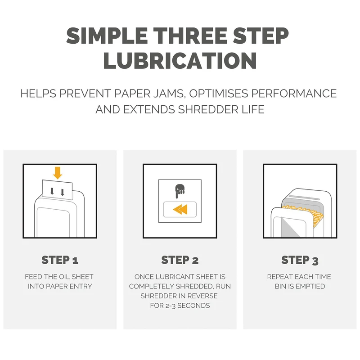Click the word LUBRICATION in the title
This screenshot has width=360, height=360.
[180, 60]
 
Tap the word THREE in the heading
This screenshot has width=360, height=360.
[190, 36]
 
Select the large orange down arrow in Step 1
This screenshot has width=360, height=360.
[58, 173]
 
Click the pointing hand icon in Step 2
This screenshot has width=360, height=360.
[180, 191]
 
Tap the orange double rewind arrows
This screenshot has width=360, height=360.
[180, 209]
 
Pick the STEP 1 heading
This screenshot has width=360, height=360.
[60, 260]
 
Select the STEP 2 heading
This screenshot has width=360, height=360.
[180, 260]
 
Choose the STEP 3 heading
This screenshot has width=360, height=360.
[300, 261]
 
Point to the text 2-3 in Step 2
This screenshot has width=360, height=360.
[169, 306]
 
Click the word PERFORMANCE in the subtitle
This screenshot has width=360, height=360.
[294, 94]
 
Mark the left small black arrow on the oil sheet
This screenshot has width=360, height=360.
[52, 191]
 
